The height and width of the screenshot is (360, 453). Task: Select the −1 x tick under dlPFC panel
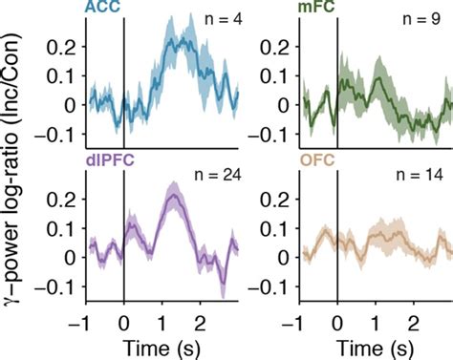85,318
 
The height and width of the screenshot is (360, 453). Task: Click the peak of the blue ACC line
171,43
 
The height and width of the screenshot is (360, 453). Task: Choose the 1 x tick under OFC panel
376,318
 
